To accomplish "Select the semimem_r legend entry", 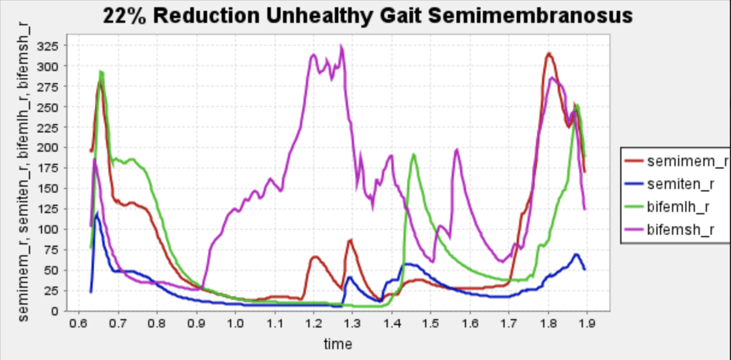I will click(x=680, y=161).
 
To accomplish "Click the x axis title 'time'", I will click(x=338, y=344).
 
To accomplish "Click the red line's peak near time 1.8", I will click(x=549, y=54).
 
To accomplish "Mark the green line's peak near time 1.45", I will click(x=413, y=155).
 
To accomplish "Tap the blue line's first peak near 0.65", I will click(x=98, y=214).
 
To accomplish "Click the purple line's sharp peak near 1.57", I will click(x=456, y=149).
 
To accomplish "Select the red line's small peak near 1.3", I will click(x=350, y=240).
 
